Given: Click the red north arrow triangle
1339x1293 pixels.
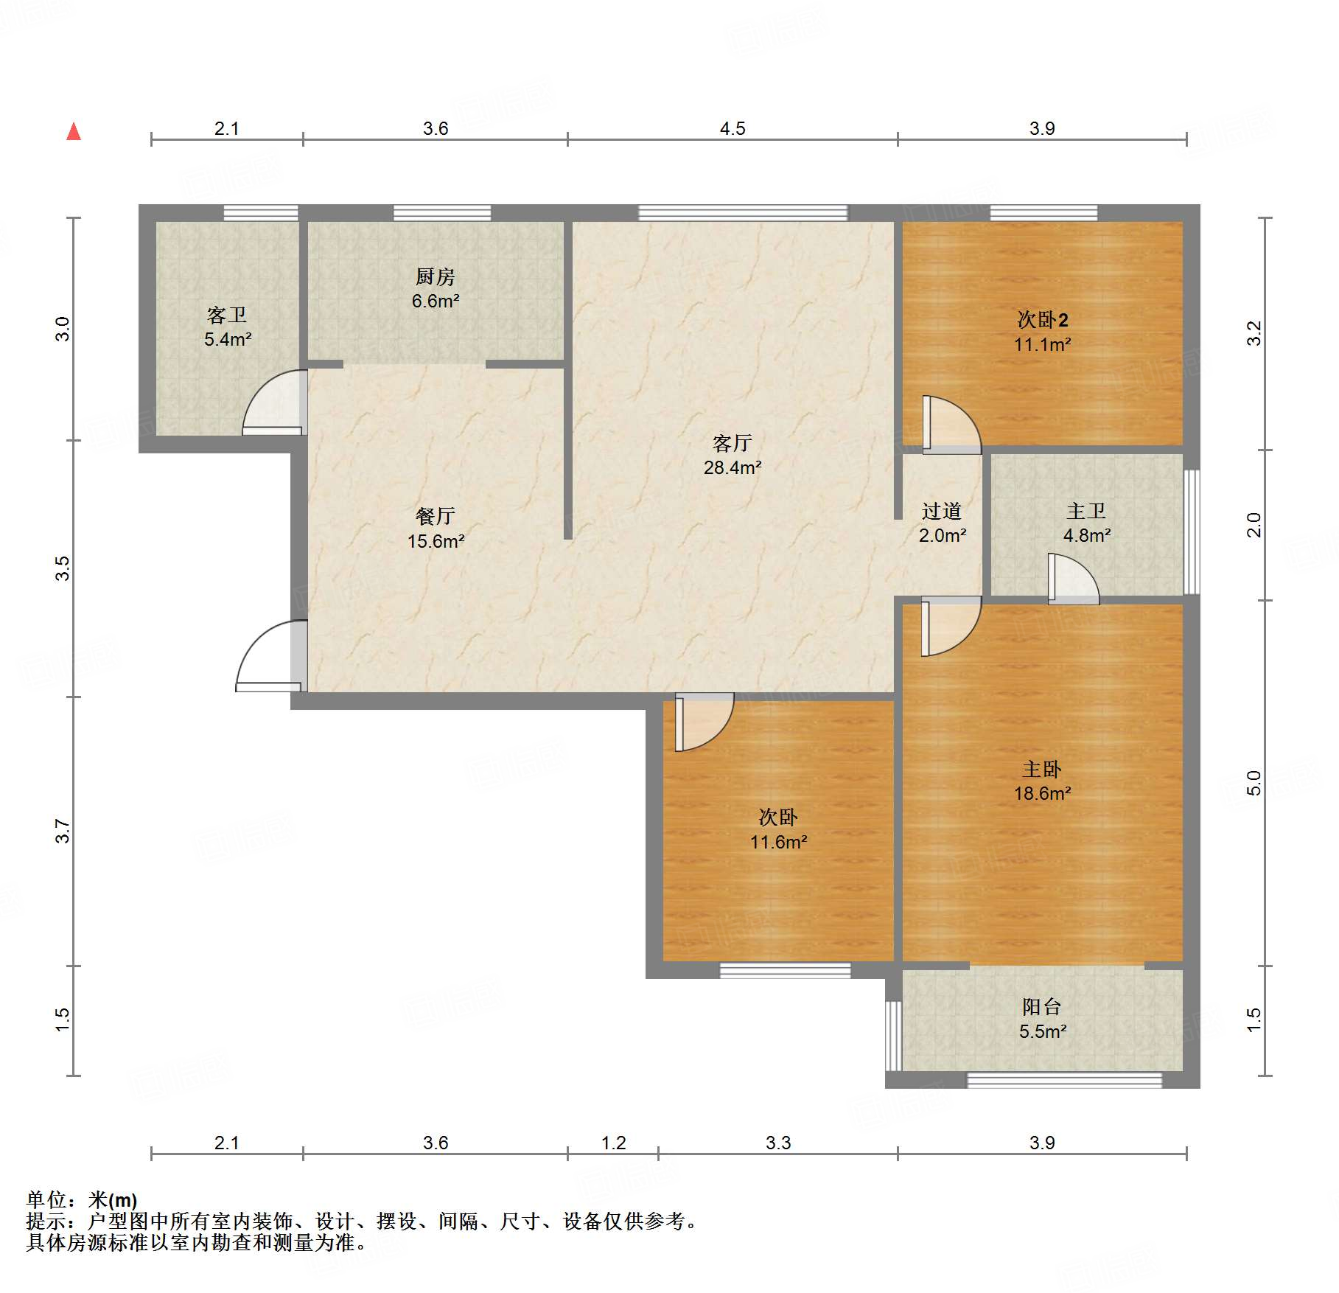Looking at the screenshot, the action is click(x=74, y=131).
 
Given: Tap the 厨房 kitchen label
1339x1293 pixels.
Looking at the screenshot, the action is click(x=436, y=276).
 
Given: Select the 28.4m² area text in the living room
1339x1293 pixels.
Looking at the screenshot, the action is click(x=733, y=467).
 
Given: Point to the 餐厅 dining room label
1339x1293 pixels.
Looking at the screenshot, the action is click(x=436, y=516).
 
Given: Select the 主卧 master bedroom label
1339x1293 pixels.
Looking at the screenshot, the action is click(x=1042, y=770).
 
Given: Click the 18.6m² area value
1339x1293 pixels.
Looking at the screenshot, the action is click(x=1042, y=794).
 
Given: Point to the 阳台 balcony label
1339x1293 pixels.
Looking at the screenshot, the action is click(x=1042, y=1007).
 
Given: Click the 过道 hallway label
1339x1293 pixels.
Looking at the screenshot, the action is click(x=942, y=511).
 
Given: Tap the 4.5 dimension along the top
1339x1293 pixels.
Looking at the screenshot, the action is click(x=733, y=129).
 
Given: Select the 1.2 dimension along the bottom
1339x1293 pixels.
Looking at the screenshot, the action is click(x=613, y=1143).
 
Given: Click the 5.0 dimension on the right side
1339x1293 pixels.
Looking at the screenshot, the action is click(x=1254, y=783).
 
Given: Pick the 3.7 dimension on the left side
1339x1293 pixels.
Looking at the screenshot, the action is click(x=63, y=831).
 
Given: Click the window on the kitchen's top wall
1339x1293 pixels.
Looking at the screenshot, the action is click(x=442, y=213).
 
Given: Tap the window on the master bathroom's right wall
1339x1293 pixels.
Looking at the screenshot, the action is click(x=1192, y=532).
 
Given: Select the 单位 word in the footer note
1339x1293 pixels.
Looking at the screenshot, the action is click(x=46, y=1200).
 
